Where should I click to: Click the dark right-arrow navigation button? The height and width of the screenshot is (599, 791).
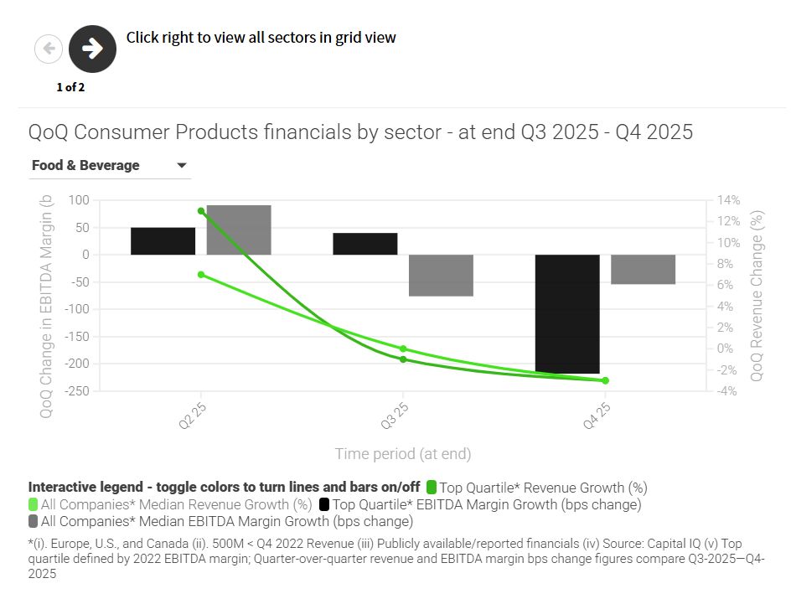(x=92, y=49)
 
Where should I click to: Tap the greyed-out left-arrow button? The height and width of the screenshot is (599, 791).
(x=49, y=49)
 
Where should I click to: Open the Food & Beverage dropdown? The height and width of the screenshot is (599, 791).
(x=109, y=166)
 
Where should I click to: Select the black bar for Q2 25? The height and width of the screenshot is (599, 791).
(x=163, y=241)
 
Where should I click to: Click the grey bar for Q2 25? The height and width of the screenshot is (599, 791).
(x=239, y=230)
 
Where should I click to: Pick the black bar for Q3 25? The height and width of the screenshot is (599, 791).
(x=364, y=244)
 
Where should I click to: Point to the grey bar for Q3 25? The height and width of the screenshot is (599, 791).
(x=441, y=275)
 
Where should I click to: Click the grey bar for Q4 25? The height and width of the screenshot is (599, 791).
(x=643, y=269)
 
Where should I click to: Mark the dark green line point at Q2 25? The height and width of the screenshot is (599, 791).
(x=201, y=211)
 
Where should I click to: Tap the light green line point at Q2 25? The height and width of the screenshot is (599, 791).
(x=201, y=275)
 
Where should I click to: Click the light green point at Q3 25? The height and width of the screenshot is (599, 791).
(x=403, y=349)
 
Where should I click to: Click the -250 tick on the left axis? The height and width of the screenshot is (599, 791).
(x=77, y=391)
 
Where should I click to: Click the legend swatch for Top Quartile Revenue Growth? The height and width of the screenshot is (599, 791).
(x=432, y=487)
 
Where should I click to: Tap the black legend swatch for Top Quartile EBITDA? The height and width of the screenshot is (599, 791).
(x=324, y=504)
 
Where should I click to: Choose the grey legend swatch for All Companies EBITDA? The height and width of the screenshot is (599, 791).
(x=34, y=521)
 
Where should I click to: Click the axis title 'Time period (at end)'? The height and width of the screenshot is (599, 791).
(x=403, y=454)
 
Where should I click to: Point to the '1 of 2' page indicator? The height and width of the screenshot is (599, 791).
(x=70, y=87)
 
